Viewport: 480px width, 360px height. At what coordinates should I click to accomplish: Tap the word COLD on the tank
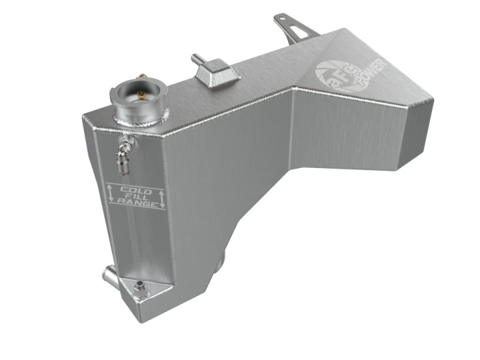135,191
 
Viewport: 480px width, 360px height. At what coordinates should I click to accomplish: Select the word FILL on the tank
136,198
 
